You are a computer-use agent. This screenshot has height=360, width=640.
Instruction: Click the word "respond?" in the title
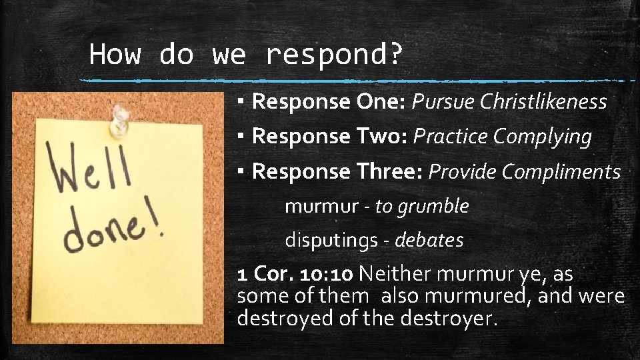334,55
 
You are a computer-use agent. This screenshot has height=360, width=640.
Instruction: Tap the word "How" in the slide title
115,53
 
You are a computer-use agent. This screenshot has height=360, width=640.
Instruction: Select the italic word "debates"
429,240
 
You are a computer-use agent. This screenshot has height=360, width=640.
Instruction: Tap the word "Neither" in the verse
395,274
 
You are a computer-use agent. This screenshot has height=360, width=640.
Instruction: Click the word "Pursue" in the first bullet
443,101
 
